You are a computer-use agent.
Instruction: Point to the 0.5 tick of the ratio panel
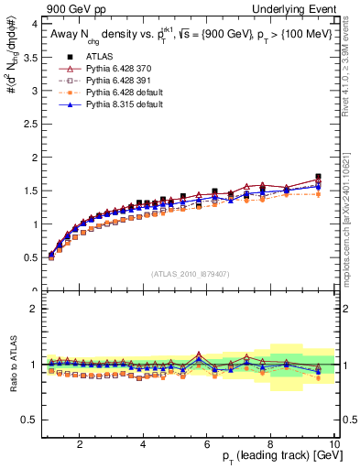29,420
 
